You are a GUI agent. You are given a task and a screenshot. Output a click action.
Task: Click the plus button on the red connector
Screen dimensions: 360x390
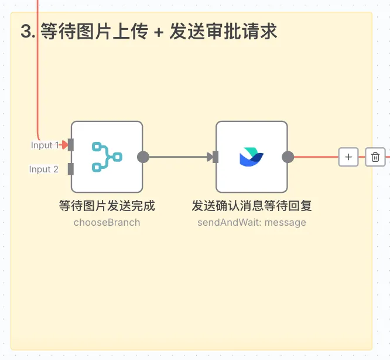(348, 157)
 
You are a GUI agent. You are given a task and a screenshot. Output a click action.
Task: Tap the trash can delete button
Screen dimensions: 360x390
(375, 157)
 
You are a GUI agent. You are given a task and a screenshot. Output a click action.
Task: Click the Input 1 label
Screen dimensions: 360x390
(45, 145)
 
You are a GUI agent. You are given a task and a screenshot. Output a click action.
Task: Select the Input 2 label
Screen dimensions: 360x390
(44, 169)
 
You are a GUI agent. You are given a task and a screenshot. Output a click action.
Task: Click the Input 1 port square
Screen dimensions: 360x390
(71, 145)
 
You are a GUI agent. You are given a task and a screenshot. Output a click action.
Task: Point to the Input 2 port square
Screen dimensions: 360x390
(71, 169)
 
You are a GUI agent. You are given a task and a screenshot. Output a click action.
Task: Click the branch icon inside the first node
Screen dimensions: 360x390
(107, 157)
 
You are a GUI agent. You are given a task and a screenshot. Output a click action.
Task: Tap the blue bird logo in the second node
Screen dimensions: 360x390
(251, 157)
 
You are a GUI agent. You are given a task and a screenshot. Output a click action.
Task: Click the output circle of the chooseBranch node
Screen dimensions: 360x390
(143, 157)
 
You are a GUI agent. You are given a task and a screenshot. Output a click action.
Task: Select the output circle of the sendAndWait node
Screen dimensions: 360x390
(288, 157)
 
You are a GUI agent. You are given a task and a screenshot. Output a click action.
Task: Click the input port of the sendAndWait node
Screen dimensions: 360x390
(215, 157)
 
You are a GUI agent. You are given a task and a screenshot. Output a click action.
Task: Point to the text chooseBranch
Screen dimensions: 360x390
(107, 222)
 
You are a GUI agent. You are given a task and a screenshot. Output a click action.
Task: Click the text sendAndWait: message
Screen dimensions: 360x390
(251, 222)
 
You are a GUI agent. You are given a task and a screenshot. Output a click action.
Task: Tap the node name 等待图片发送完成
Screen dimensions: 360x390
(107, 206)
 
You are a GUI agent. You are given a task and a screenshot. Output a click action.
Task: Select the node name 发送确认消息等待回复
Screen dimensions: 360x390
(251, 206)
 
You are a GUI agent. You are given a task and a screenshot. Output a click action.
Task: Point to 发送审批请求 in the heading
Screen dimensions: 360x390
(223, 32)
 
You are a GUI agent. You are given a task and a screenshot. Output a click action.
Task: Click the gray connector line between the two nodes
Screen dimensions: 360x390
(179, 157)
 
